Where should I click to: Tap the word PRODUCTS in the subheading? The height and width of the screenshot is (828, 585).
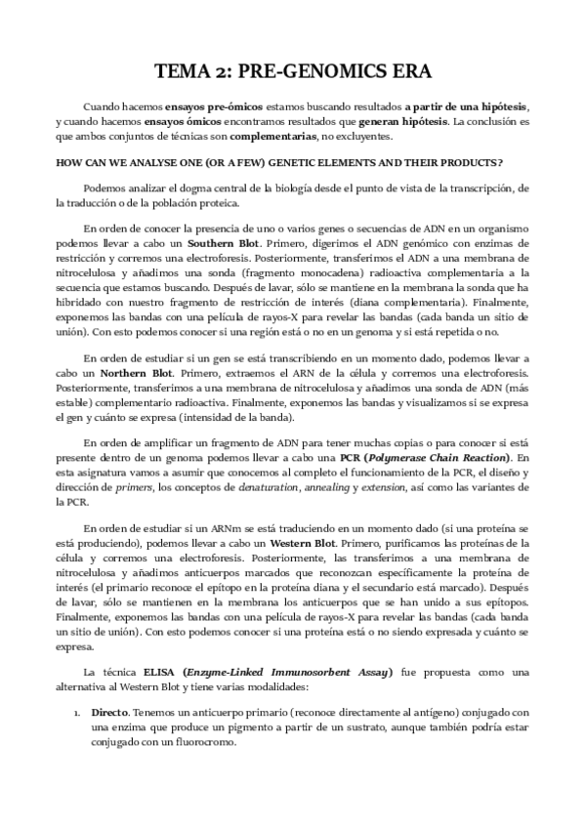tap(467, 161)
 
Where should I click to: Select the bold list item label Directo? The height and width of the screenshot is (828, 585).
tap(110, 713)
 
